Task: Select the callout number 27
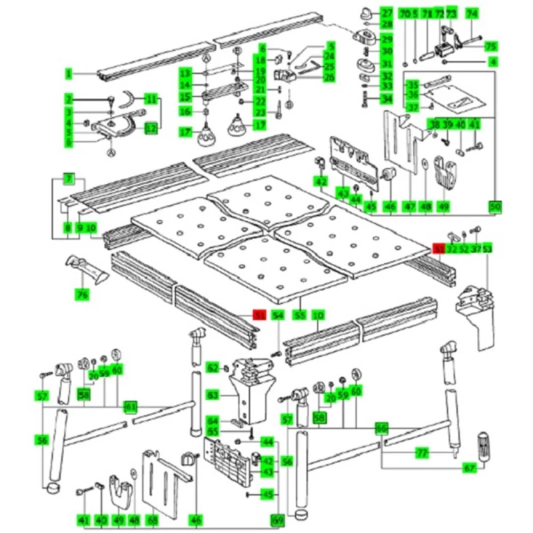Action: click(386, 13)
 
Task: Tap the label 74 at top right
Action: click(472, 13)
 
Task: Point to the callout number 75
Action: click(490, 46)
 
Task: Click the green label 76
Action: click(82, 294)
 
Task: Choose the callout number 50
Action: click(494, 207)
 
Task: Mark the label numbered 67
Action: click(470, 468)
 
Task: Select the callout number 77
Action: click(421, 453)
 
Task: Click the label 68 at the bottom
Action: click(152, 520)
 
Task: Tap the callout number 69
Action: click(276, 520)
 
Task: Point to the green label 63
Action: click(213, 396)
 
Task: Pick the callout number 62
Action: click(213, 368)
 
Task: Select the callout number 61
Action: click(131, 406)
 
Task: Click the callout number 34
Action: click(386, 100)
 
